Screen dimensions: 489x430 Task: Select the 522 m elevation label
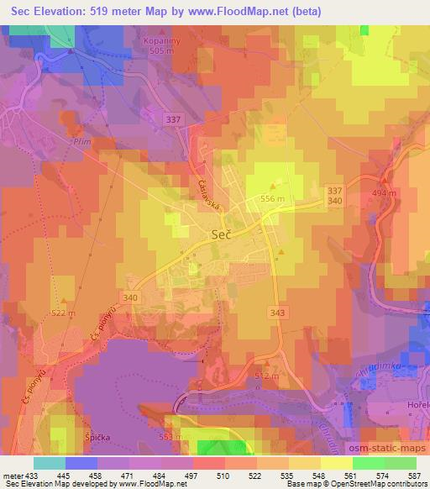64,313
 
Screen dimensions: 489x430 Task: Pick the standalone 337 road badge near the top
173,120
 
